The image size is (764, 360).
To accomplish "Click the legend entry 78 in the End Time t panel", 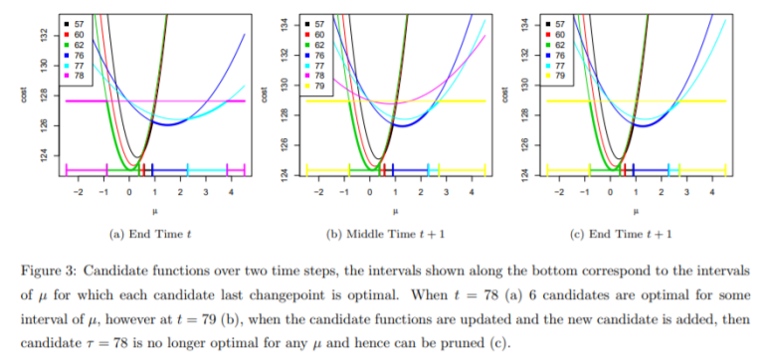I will coord(77,76).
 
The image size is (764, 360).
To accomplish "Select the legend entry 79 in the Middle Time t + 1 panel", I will coord(321,86).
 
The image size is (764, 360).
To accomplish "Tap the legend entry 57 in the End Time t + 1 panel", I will coord(560,21).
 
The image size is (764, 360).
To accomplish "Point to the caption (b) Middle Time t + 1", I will coord(395,234).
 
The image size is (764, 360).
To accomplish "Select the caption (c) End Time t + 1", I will coord(634,234).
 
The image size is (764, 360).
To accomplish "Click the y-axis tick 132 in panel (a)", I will coord(45,34).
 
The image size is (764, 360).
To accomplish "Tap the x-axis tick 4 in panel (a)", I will coord(231,190).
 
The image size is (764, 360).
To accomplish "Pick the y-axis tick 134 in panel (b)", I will coord(286,23).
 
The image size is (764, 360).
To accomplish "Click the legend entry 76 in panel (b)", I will coord(321,55).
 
